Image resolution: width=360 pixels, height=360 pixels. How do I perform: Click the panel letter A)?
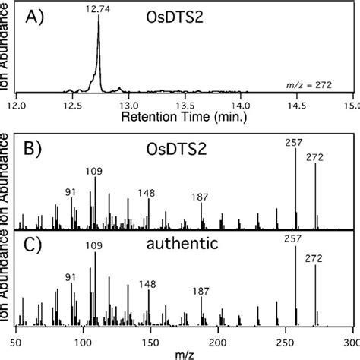pos(36,15)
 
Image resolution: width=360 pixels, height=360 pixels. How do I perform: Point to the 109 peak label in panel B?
pos(95,172)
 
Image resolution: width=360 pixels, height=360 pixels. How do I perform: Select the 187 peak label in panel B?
pos(201,197)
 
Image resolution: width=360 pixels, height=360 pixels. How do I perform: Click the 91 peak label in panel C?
pos(71,276)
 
